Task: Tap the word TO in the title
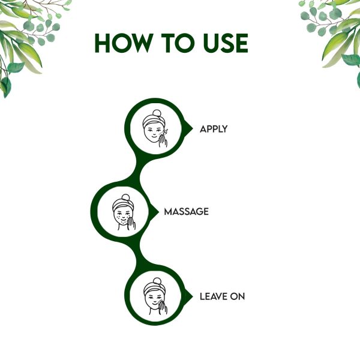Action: tap(178, 43)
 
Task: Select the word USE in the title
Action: tap(226, 43)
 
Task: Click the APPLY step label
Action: tap(214, 129)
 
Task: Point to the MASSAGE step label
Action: tap(186, 211)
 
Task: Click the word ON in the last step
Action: tap(238, 296)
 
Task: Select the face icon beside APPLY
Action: tap(155, 128)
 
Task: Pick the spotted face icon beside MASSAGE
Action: tap(124, 212)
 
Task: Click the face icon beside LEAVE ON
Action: tap(155, 296)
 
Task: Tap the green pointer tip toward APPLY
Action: tap(193, 129)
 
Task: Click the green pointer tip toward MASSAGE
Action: tap(158, 212)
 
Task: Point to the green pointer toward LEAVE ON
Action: tap(189, 296)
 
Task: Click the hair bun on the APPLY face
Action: tap(157, 113)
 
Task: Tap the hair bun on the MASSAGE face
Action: tap(126, 197)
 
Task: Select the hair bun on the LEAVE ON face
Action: tap(157, 281)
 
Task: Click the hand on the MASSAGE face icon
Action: tap(131, 223)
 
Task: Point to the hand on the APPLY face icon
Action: tap(163, 140)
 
